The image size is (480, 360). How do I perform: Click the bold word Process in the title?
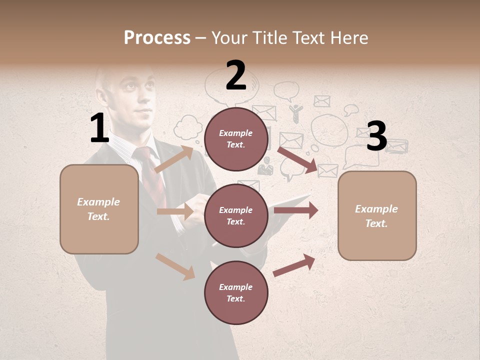tap(157, 37)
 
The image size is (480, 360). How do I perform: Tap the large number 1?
tap(99, 128)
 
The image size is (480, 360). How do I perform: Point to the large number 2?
tap(236, 75)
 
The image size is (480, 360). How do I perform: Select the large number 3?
tap(377, 136)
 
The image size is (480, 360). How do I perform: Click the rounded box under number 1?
tap(99, 209)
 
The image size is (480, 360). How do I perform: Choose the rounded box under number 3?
tap(377, 215)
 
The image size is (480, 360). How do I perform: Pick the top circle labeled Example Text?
tap(236, 139)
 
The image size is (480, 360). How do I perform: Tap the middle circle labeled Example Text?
tap(236, 215)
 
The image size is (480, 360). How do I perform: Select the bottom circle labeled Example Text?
tap(236, 292)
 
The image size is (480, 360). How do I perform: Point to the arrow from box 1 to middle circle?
tap(175, 211)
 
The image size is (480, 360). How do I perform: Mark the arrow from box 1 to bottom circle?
tap(175, 266)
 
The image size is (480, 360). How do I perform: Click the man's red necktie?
tap(151, 175)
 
